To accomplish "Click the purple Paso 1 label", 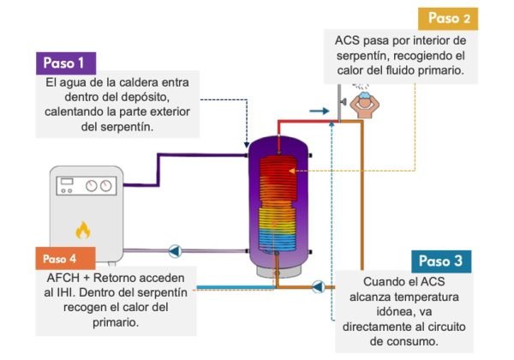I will [63, 63].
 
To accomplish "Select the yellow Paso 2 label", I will [450, 18].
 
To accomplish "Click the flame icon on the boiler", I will [83, 230].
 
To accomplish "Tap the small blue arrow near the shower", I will [319, 111].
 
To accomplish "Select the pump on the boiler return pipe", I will [176, 251].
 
